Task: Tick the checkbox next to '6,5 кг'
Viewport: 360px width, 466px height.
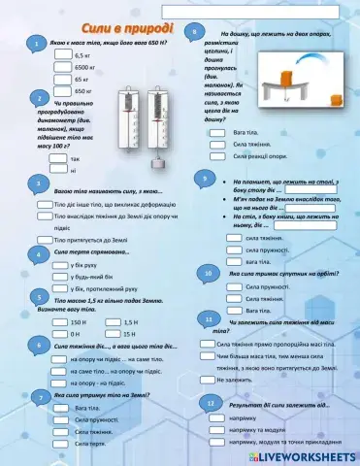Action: [63, 56]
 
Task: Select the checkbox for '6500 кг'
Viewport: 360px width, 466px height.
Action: [63, 68]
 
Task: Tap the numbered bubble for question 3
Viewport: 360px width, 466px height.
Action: [36, 184]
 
